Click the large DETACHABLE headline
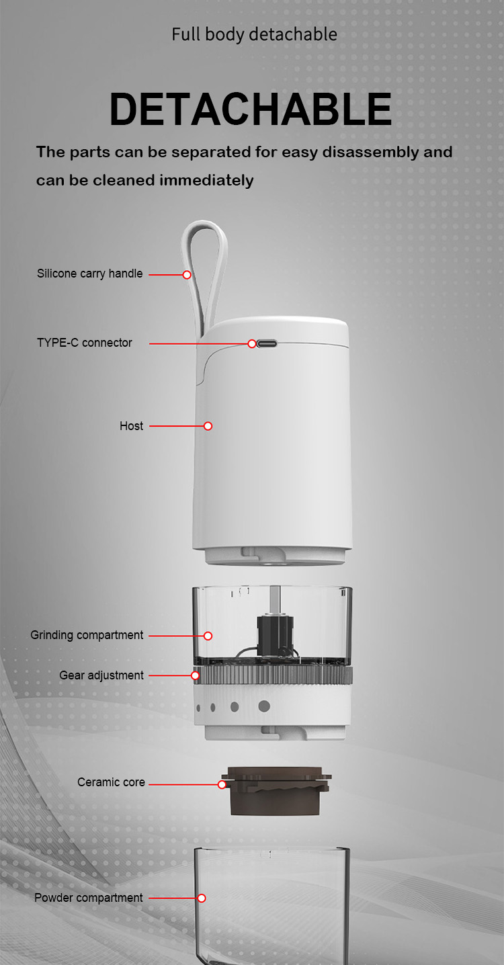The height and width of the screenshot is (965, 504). tap(251, 109)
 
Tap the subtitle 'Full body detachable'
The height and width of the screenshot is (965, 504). tap(254, 34)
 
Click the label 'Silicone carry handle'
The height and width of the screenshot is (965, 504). tap(89, 274)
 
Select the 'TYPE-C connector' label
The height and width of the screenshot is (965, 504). tap(85, 343)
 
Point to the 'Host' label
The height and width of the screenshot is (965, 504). tap(132, 425)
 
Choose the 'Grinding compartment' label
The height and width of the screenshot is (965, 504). tap(87, 635)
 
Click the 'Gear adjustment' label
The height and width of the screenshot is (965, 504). tap(101, 675)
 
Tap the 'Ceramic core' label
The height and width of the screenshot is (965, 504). tap(111, 782)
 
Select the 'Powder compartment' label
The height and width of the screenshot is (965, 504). tap(88, 898)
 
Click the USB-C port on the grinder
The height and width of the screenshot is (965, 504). tap(267, 344)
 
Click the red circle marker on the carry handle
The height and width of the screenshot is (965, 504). tap(187, 274)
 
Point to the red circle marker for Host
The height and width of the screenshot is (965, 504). tap(208, 426)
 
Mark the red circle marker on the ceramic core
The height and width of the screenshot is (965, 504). tap(222, 785)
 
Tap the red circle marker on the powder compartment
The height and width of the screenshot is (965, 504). tap(202, 898)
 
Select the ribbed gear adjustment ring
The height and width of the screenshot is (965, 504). tap(273, 675)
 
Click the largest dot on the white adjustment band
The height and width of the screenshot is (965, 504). tap(264, 706)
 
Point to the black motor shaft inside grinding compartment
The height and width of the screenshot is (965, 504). tap(276, 632)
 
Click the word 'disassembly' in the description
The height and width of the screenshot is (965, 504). tap(370, 153)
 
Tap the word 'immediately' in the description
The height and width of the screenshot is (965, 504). tap(206, 181)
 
